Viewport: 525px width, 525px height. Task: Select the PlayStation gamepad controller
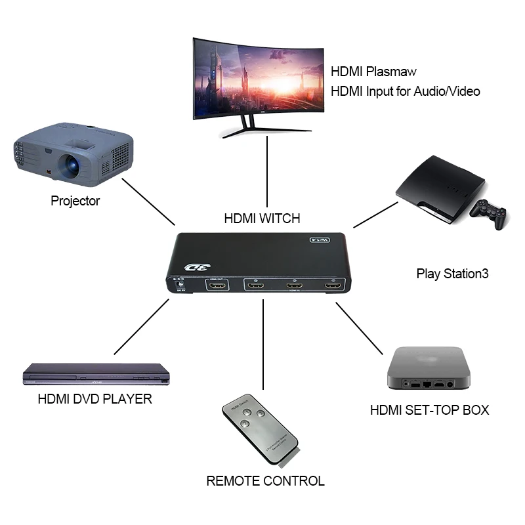tap(489, 214)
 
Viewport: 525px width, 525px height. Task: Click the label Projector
tap(75, 201)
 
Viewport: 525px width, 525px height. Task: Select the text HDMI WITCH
tap(263, 219)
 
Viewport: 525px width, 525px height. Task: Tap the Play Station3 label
tap(453, 274)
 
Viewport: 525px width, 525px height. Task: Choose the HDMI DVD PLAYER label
tap(95, 398)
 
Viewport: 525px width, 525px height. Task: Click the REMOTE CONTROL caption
tap(265, 481)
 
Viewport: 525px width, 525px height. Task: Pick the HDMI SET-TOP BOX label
tap(430, 411)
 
